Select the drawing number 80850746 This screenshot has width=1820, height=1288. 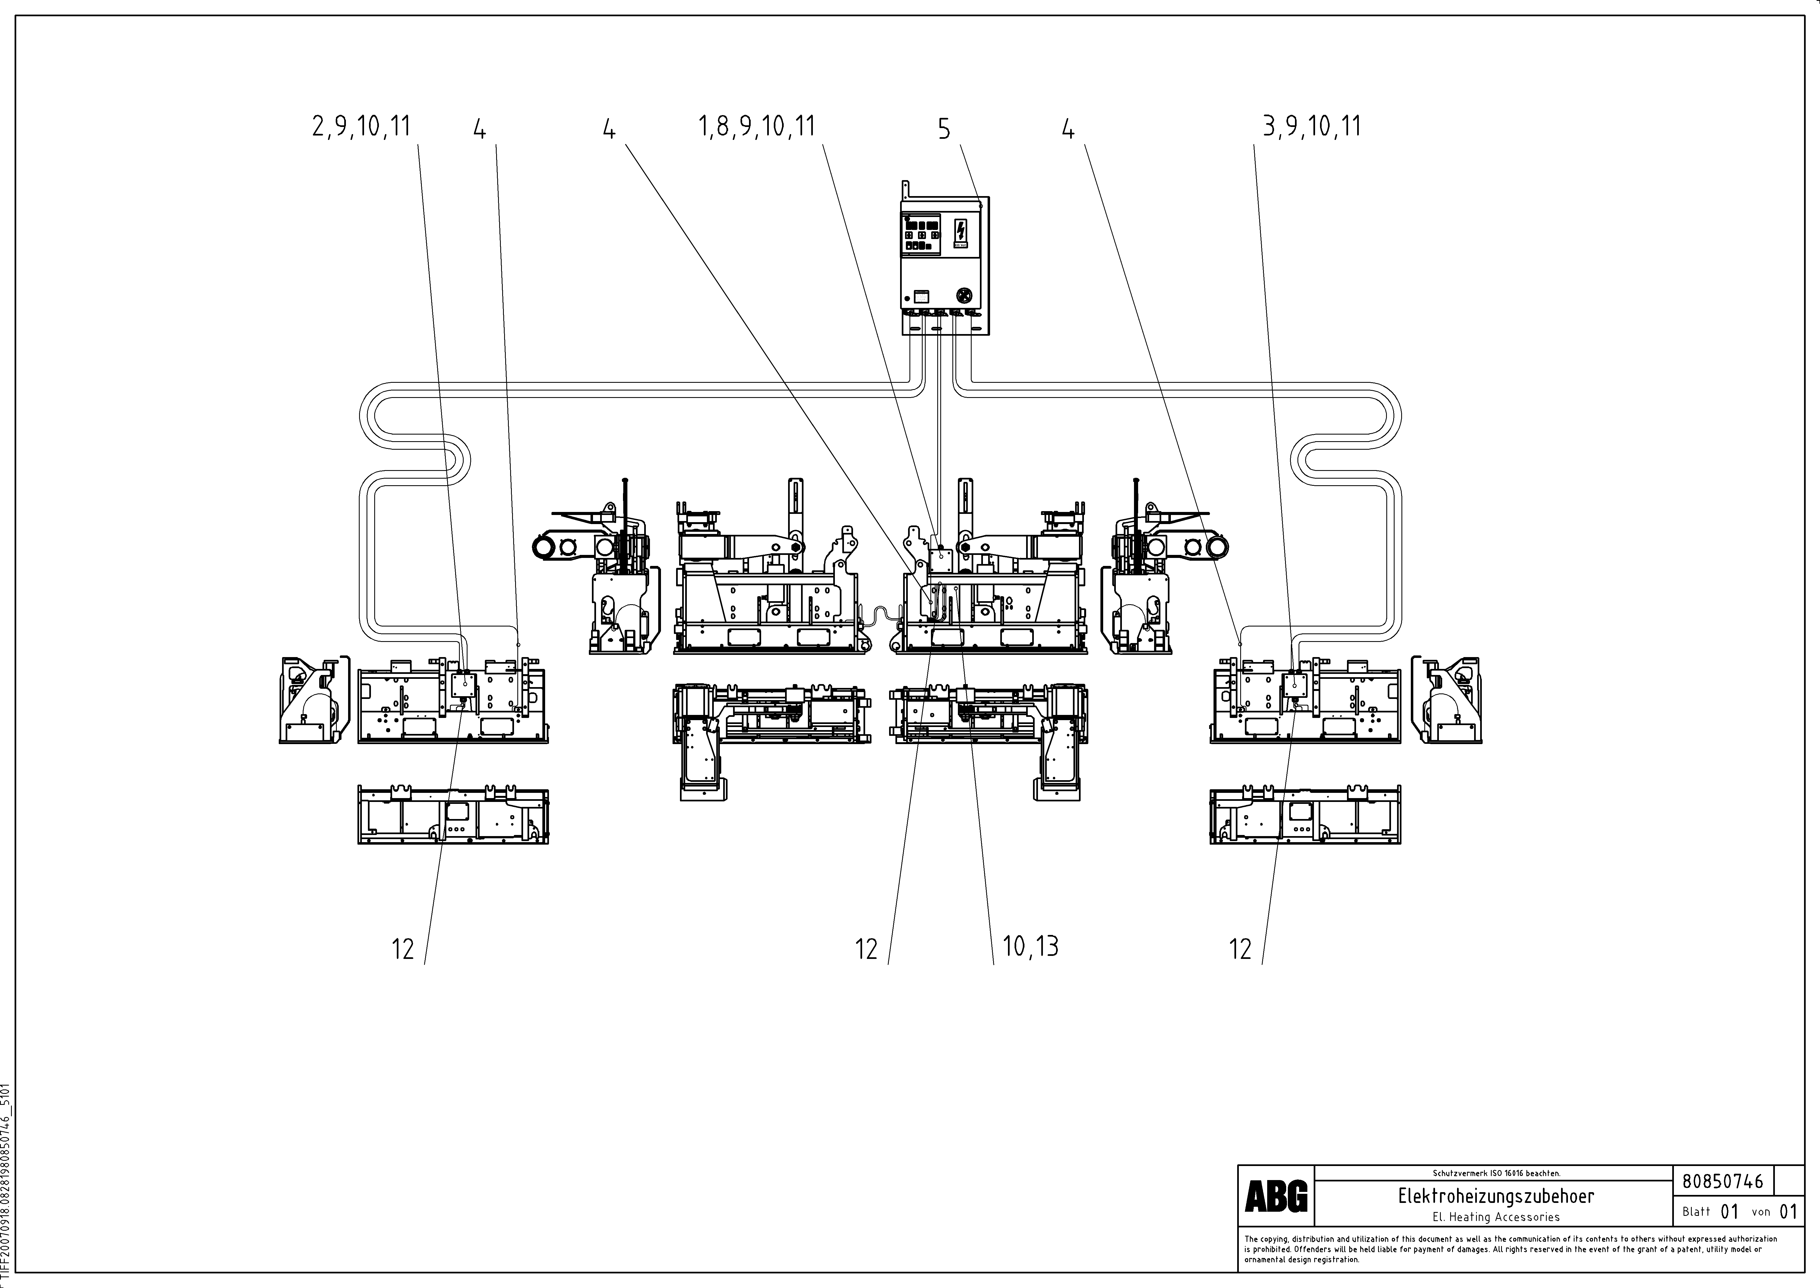pyautogui.click(x=1723, y=1181)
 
